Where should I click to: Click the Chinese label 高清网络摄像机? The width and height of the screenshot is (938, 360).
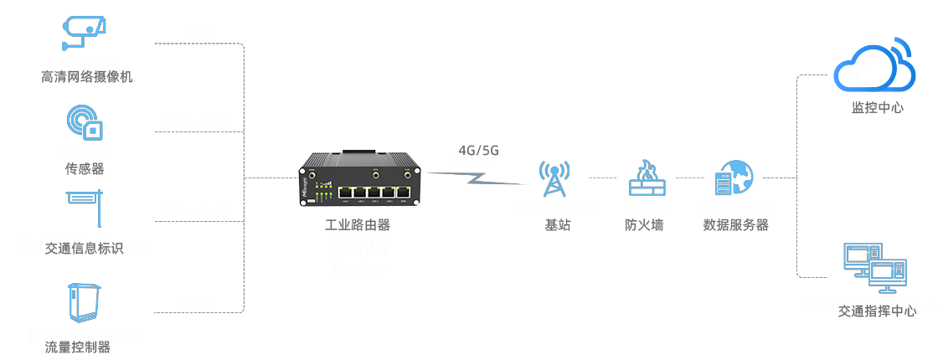pos(87,77)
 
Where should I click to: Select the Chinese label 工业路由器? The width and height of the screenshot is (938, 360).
pos(358,225)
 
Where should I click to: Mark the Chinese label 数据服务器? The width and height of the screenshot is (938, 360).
pos(736,224)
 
